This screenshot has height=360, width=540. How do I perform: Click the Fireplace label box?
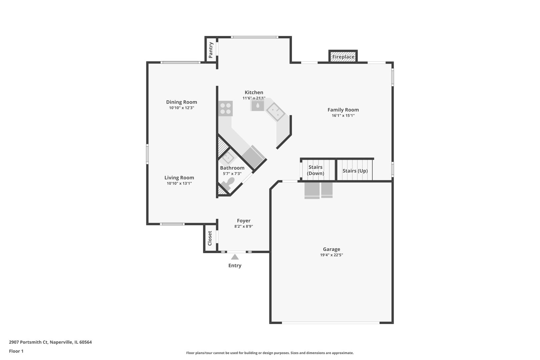click(343, 57)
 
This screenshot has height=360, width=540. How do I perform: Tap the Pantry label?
click(211, 50)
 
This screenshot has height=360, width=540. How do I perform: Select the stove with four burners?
click(225, 108)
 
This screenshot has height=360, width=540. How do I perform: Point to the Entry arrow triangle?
click(235, 257)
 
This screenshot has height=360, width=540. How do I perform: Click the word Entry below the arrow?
click(235, 265)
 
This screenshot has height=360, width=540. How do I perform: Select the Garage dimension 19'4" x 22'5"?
click(331, 255)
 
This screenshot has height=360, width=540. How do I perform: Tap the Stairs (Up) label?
click(355, 171)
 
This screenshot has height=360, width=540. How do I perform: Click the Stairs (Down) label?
click(315, 170)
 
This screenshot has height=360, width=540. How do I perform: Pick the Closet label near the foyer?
click(210, 238)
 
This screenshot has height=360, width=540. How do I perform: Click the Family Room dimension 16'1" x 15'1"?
click(343, 116)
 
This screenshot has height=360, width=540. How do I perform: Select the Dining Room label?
click(181, 102)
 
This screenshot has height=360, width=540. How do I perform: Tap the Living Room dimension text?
click(179, 183)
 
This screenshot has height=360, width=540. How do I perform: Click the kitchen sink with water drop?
click(258, 106)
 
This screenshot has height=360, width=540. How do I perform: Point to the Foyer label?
click(244, 221)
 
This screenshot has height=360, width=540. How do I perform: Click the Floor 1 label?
click(16, 351)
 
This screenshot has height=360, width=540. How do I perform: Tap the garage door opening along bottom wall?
click(331, 323)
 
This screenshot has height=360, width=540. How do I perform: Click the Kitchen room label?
click(254, 92)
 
